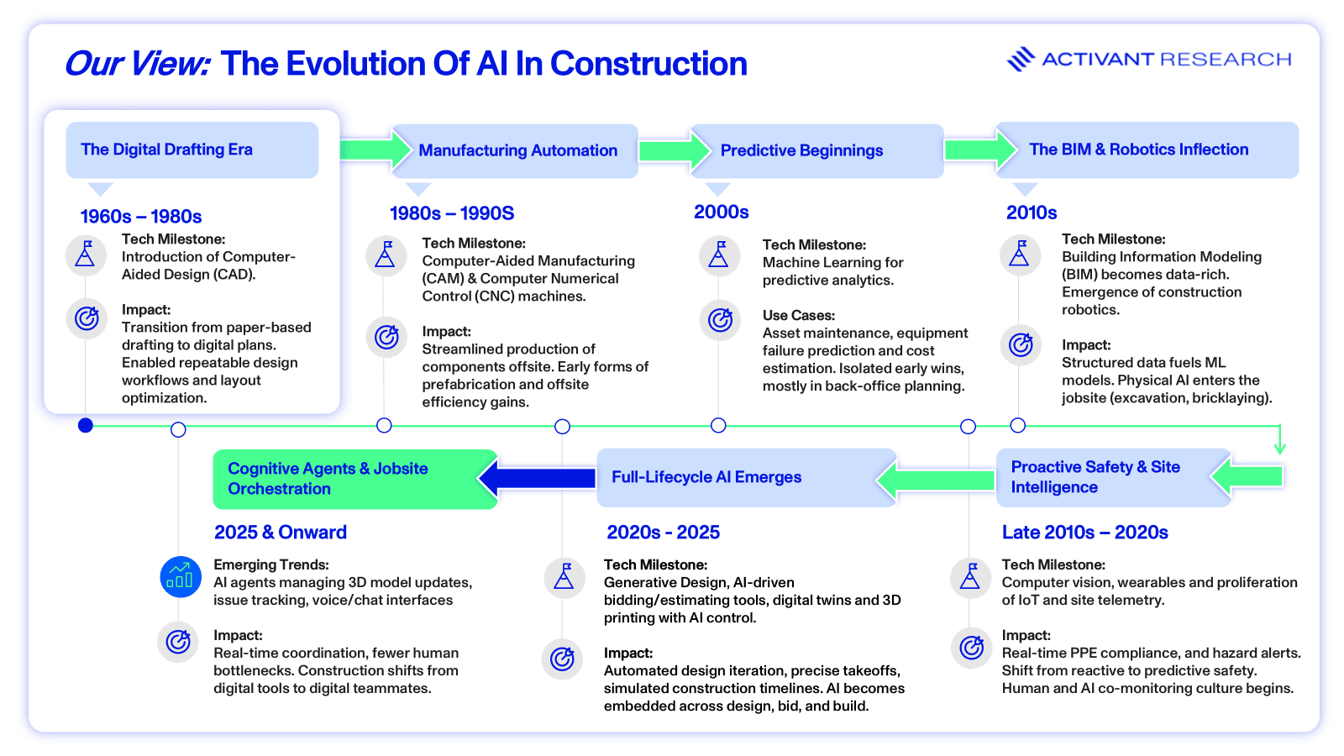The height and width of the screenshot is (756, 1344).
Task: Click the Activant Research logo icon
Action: [1021, 59]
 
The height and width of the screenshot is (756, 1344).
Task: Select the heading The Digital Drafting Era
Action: [167, 150]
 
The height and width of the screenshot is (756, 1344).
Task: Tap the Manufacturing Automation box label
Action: [517, 150]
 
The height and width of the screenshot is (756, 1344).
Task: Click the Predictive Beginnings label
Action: [801, 150]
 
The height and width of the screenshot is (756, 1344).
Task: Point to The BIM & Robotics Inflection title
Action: [1139, 150]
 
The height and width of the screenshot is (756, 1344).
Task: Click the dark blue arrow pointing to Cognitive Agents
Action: [537, 478]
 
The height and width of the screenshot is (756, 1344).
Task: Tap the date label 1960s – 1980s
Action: [141, 216]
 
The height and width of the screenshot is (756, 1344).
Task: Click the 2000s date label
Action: [722, 212]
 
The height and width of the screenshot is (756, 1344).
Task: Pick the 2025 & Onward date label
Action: [281, 533]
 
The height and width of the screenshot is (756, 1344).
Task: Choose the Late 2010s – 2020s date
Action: [1084, 533]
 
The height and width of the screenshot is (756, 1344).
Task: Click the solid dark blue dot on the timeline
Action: [86, 425]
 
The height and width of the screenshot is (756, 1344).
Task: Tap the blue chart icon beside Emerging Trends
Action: [180, 576]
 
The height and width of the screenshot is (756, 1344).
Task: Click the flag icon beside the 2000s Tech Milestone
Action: [719, 256]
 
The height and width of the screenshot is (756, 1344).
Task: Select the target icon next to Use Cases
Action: [719, 320]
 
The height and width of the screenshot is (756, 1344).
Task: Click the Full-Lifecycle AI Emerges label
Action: [706, 477]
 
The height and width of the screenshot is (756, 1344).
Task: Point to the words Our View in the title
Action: [138, 64]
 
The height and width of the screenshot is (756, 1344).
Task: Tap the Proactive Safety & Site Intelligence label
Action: [1095, 477]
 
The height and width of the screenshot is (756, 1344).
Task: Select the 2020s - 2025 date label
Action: [663, 533]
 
